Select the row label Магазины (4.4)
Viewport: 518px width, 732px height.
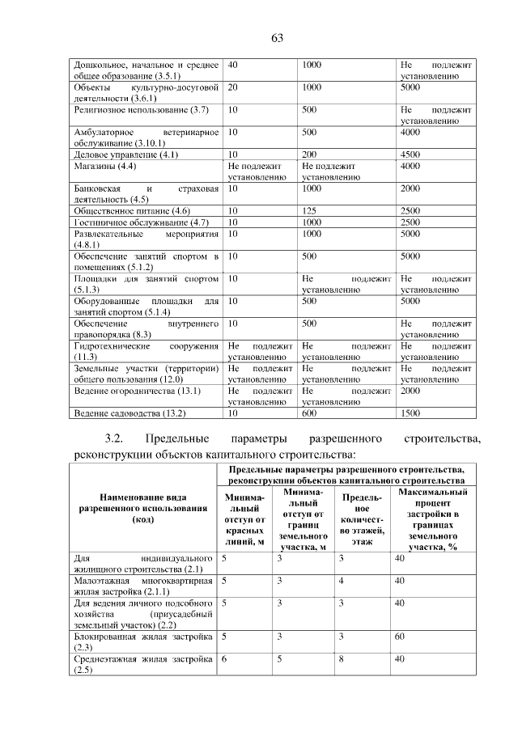coord(104,165)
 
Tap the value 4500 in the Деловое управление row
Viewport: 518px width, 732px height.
coord(410,154)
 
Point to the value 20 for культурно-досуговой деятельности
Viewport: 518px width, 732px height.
coord(233,86)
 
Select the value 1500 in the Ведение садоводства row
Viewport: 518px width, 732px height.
coord(410,413)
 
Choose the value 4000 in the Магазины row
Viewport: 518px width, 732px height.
coord(410,165)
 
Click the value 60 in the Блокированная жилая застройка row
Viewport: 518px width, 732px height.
coord(399,637)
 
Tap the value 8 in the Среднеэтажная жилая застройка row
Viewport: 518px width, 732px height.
coord(342,660)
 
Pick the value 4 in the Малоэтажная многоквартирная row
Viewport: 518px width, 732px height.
coord(342,581)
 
